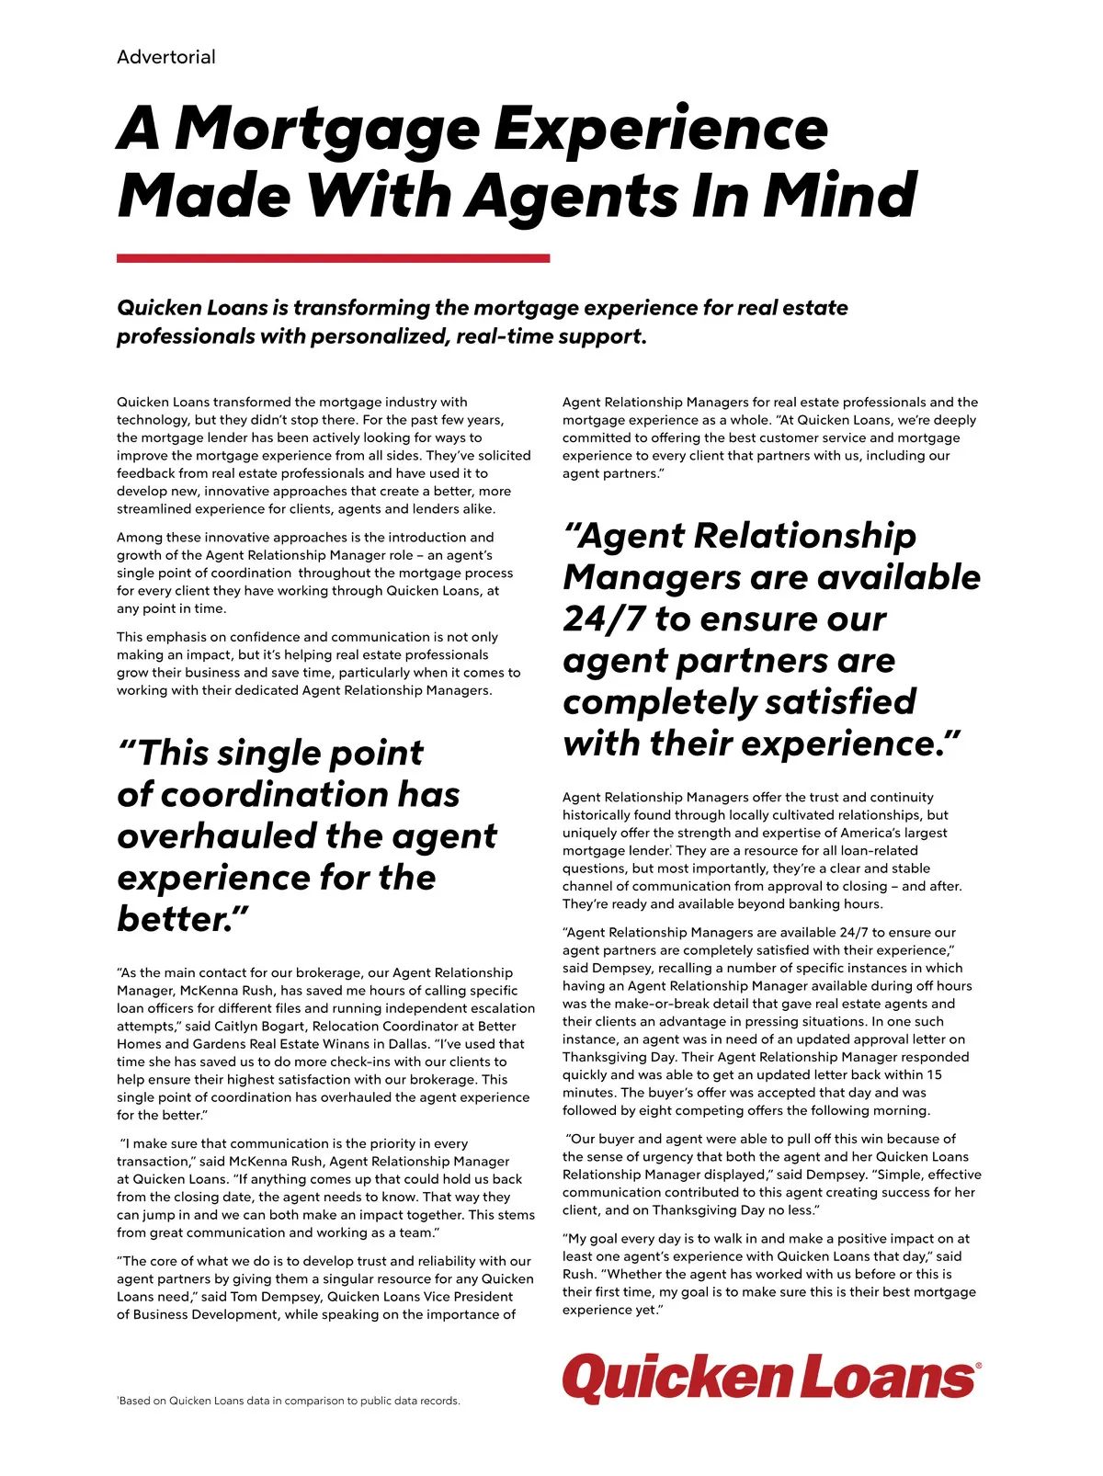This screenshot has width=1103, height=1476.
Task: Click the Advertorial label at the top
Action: (x=165, y=57)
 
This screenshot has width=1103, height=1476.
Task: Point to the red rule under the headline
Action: (x=333, y=259)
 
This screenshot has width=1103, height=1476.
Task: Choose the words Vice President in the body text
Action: (x=468, y=1297)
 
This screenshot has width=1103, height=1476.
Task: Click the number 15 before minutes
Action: (x=933, y=1074)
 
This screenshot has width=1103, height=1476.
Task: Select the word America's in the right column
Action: (x=865, y=833)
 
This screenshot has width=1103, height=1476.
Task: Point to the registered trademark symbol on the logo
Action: (x=977, y=1367)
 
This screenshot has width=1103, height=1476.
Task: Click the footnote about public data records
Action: (x=289, y=1401)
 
